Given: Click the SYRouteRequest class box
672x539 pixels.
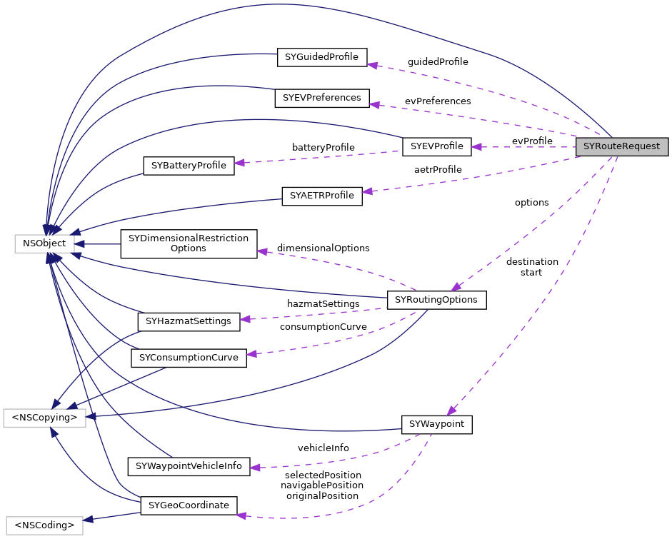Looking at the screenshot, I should [x=622, y=147].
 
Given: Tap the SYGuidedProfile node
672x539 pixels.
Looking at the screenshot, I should [x=321, y=57].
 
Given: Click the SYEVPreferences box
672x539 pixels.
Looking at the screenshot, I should [x=321, y=98].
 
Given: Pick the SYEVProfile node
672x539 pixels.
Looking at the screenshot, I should [x=437, y=147].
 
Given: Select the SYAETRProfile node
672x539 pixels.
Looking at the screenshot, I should [x=322, y=196].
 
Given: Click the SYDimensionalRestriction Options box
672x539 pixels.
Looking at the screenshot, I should [x=189, y=243].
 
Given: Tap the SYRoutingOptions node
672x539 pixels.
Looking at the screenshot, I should [x=436, y=300].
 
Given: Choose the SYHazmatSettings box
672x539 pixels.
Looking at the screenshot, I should [x=189, y=322].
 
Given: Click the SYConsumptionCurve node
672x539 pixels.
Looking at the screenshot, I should [x=189, y=358].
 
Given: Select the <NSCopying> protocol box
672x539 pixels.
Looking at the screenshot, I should [x=44, y=418].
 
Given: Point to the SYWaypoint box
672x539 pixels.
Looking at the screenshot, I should [x=437, y=425].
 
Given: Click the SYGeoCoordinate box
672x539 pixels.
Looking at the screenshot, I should [x=189, y=506].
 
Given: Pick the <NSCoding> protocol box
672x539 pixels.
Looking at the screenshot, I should [x=44, y=526].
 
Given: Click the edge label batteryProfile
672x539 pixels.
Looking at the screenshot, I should [x=323, y=147].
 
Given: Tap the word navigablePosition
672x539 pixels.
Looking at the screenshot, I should [x=322, y=485].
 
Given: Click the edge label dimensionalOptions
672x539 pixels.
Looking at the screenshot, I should [x=323, y=248].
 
